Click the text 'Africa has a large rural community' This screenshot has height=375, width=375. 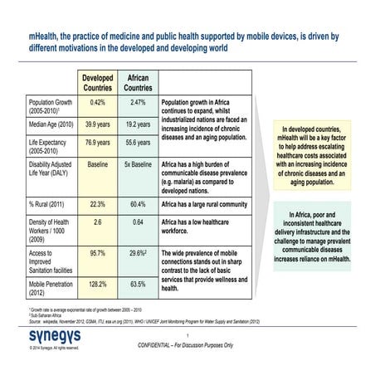(205, 204)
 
